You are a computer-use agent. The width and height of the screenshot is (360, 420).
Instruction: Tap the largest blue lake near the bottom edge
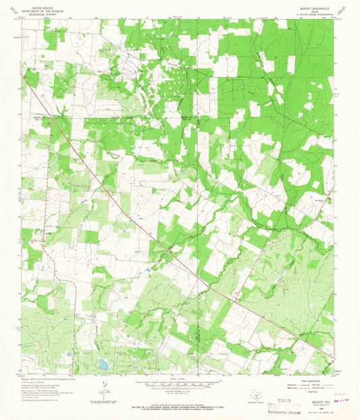click(102, 364)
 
